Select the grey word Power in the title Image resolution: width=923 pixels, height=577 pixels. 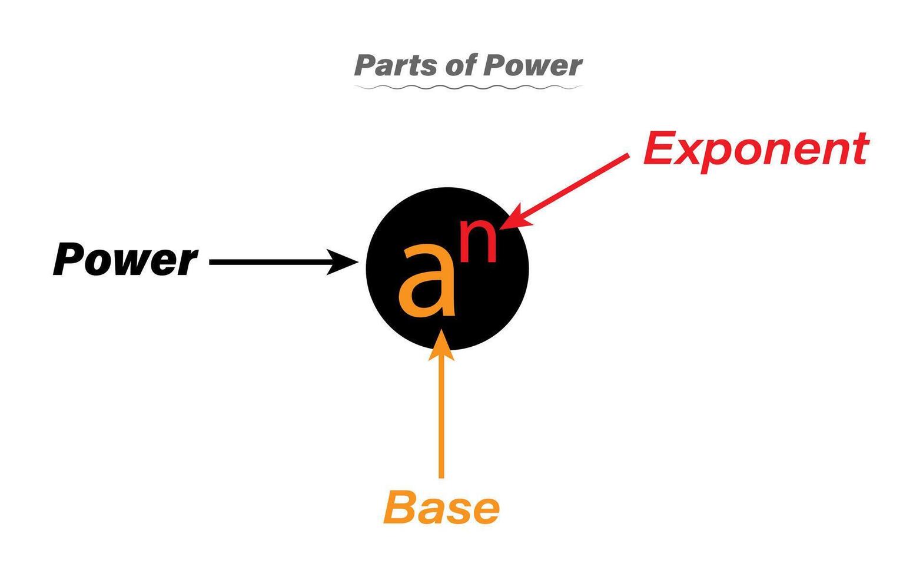point(533,65)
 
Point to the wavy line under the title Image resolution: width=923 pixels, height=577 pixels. point(468,88)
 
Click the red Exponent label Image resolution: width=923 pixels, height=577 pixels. point(755,149)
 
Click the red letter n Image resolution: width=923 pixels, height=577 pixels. point(478,241)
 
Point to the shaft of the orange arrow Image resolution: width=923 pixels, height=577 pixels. point(441,418)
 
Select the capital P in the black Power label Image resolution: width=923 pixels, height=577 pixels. point(69,259)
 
